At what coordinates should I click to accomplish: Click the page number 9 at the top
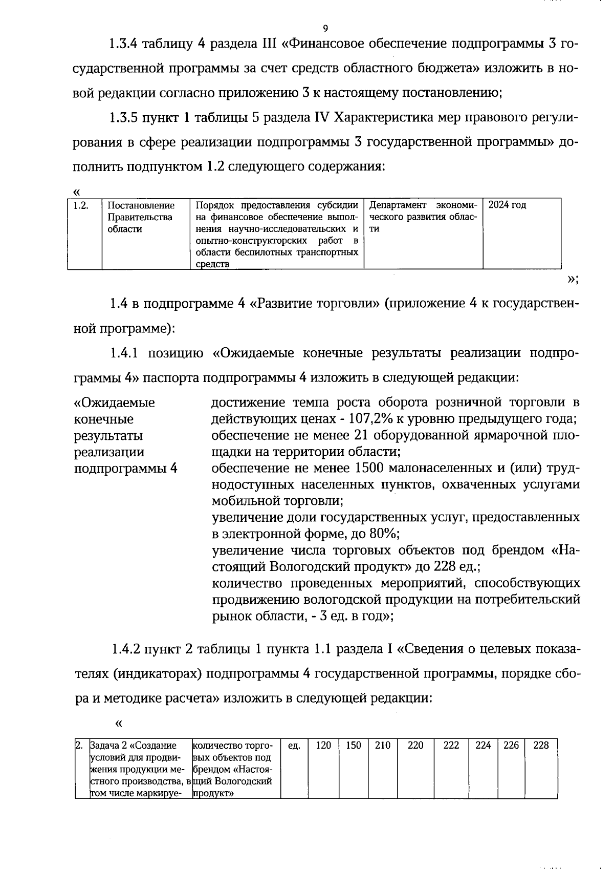(x=325, y=28)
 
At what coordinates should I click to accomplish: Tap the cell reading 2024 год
(x=507, y=205)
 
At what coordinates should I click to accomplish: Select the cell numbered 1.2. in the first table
(x=81, y=205)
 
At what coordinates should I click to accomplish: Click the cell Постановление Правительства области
(x=141, y=217)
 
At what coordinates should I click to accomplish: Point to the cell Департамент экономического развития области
(x=423, y=217)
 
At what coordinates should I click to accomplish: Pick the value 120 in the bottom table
(x=323, y=746)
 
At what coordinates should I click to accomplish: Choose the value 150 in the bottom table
(x=354, y=746)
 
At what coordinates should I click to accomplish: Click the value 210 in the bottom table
(x=383, y=746)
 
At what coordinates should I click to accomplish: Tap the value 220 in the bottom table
(x=415, y=746)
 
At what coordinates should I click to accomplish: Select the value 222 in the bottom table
(x=451, y=746)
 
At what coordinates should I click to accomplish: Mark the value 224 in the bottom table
(x=483, y=746)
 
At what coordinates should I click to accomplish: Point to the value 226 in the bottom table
(x=511, y=746)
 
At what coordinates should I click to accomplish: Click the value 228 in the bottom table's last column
(x=541, y=746)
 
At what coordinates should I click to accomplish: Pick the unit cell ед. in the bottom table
(x=294, y=746)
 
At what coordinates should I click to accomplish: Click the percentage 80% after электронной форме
(x=384, y=534)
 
